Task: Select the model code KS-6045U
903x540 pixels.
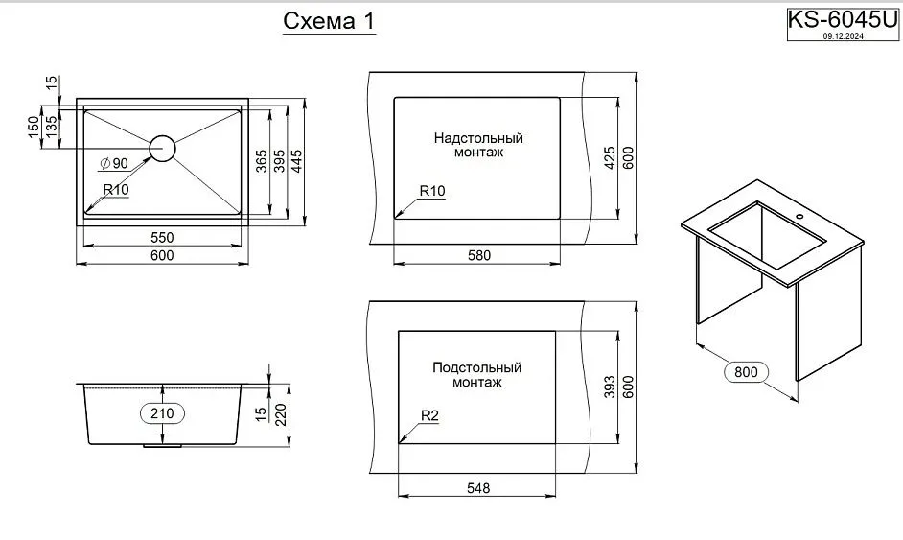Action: point(842,19)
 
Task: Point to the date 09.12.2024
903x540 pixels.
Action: point(841,36)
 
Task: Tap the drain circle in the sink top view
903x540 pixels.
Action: point(162,148)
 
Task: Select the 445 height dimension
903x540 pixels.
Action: point(297,161)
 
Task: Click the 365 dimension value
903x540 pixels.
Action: point(261,161)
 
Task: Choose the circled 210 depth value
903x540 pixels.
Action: point(162,413)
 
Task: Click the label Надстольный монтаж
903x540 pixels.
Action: point(477,145)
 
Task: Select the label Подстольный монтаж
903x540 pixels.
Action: point(476,375)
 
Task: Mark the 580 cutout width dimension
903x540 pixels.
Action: point(478,255)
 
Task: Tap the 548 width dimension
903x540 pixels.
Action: point(478,488)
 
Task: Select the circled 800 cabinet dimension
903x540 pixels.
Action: point(749,371)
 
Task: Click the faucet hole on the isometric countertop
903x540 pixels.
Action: point(802,217)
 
